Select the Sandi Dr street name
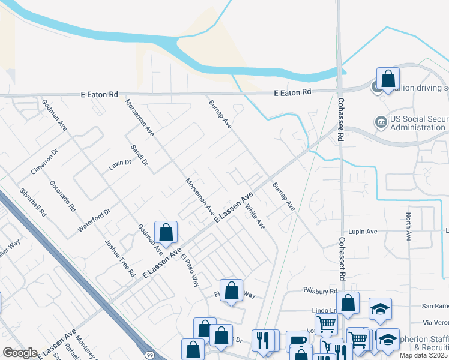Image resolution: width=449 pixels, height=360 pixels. [x=139, y=155]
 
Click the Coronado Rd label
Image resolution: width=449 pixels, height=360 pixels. [x=63, y=196]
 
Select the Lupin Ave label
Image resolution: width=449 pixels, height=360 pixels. [x=361, y=231]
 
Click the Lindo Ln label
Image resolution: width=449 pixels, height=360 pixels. [x=322, y=310]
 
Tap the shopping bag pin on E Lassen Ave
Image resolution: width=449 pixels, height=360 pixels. [x=166, y=233]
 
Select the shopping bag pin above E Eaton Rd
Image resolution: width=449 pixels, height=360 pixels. [x=388, y=79]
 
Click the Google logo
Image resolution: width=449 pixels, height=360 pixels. [x=20, y=353]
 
